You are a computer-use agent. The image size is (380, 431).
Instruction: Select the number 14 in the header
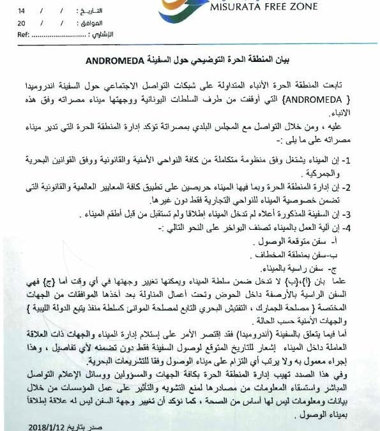pos(22,11)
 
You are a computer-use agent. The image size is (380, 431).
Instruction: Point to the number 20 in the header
pos(22,23)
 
